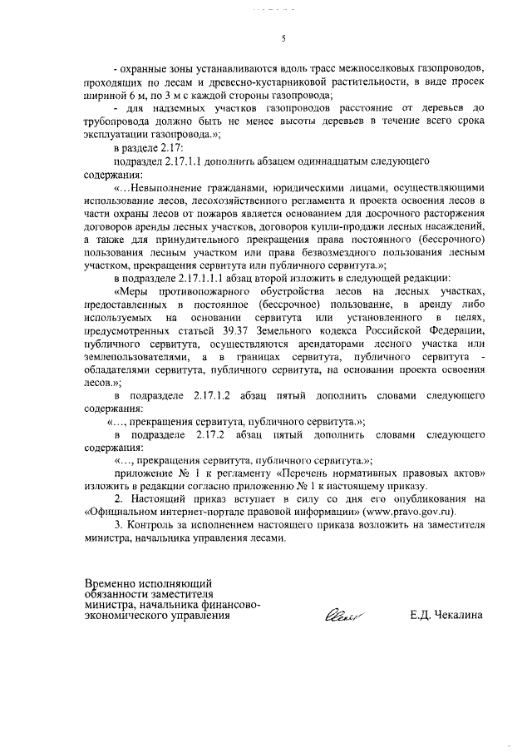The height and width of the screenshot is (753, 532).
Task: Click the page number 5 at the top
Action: [x=283, y=39]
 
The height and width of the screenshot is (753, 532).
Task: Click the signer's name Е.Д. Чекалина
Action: [x=445, y=617]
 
